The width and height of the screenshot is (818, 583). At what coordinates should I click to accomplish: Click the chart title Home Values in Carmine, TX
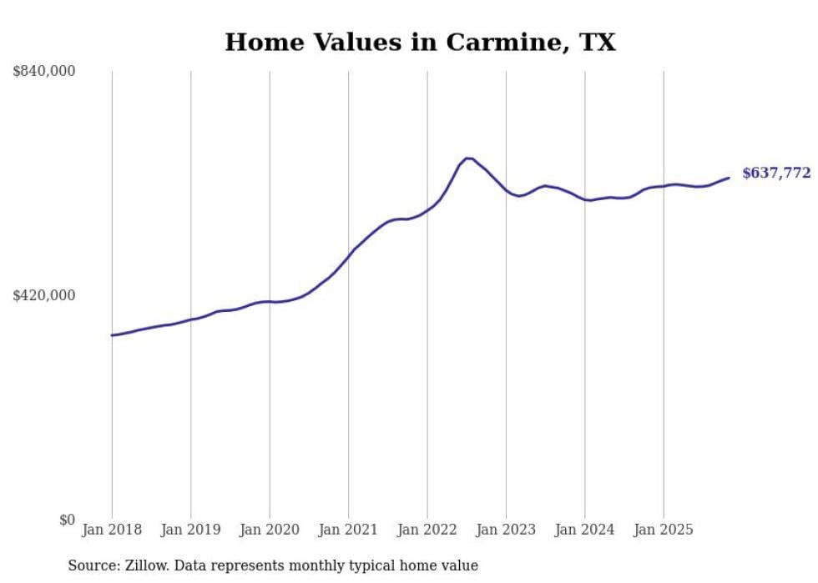(420, 43)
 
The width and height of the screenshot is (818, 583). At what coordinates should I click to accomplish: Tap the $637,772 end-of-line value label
(776, 173)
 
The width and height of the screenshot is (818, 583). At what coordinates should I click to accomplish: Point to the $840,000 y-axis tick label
(44, 72)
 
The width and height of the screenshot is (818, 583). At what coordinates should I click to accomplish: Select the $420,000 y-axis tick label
(44, 295)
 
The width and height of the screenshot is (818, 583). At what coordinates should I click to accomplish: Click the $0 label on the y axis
(67, 520)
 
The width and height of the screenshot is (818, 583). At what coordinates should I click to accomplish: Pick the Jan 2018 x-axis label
(112, 530)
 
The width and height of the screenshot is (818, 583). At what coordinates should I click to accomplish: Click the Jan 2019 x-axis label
(190, 530)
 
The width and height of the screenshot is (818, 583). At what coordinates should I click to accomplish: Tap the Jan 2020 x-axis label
(270, 530)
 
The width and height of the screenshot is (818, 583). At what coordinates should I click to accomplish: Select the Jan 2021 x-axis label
(348, 530)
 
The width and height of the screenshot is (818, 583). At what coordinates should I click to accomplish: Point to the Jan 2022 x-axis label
(427, 530)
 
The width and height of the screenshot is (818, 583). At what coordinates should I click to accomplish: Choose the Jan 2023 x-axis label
(506, 530)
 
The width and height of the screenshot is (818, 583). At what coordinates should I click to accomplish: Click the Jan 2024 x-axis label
(585, 530)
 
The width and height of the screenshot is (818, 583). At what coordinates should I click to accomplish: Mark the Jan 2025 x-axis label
(664, 530)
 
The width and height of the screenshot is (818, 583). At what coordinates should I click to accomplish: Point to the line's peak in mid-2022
(468, 158)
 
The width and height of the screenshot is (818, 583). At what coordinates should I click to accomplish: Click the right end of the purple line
(729, 177)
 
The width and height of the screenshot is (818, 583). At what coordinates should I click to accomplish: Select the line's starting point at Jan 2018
(112, 335)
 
